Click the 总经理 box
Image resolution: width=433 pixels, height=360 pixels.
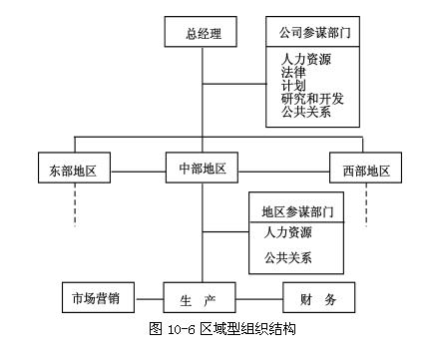tap(203, 33)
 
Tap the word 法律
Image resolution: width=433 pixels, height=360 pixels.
tap(293, 73)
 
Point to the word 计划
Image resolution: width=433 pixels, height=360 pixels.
tap(293, 86)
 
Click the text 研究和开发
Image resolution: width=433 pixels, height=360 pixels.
tap(312, 99)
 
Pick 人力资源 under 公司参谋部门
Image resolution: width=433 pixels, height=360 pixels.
tap(306, 60)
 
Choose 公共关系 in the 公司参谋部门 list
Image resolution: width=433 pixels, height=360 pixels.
tap(306, 112)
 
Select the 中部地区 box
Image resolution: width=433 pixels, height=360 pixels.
tap(203, 166)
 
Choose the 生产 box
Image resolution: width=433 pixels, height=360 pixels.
tap(203, 298)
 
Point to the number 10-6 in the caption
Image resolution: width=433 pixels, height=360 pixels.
tap(176, 327)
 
